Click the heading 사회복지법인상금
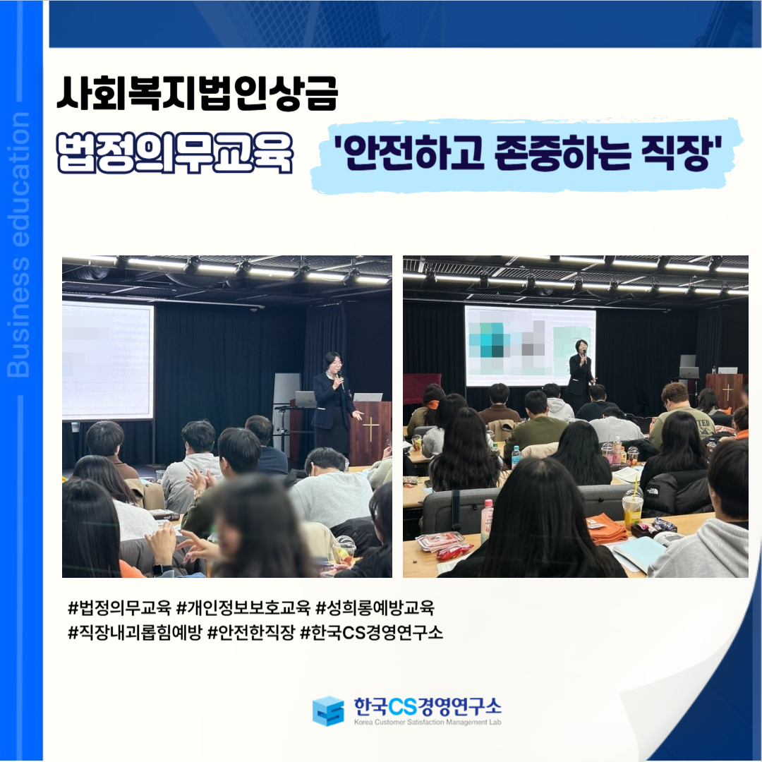click(197, 93)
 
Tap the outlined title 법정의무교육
click(176, 152)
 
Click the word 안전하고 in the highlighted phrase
click(413, 153)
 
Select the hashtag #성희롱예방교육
click(375, 607)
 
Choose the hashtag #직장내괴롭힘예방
click(135, 633)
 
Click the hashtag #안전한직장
click(251, 633)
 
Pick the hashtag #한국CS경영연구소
click(372, 633)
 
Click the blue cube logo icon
click(328, 710)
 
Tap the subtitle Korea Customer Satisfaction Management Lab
click(428, 722)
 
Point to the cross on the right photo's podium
click(727, 392)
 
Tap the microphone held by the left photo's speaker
click(341, 381)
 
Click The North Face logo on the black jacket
click(651, 492)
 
